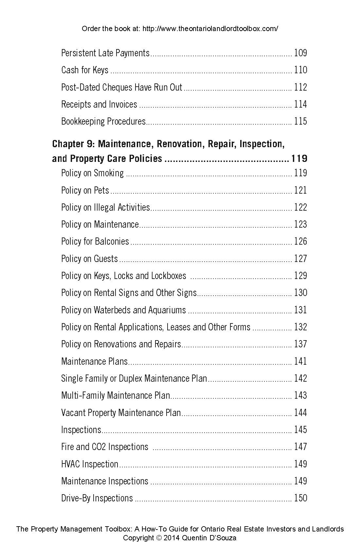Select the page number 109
(x=300, y=53)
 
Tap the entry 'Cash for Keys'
(x=85, y=70)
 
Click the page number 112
(x=300, y=87)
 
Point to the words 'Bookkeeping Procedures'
(x=103, y=121)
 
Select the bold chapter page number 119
(x=299, y=159)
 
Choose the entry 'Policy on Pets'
(x=85, y=190)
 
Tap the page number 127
(x=300, y=259)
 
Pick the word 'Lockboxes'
(x=169, y=276)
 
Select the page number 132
(x=300, y=327)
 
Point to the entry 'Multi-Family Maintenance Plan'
(x=116, y=395)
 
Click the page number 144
(x=300, y=412)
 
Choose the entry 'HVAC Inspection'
(x=90, y=464)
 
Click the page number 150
(x=300, y=498)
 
